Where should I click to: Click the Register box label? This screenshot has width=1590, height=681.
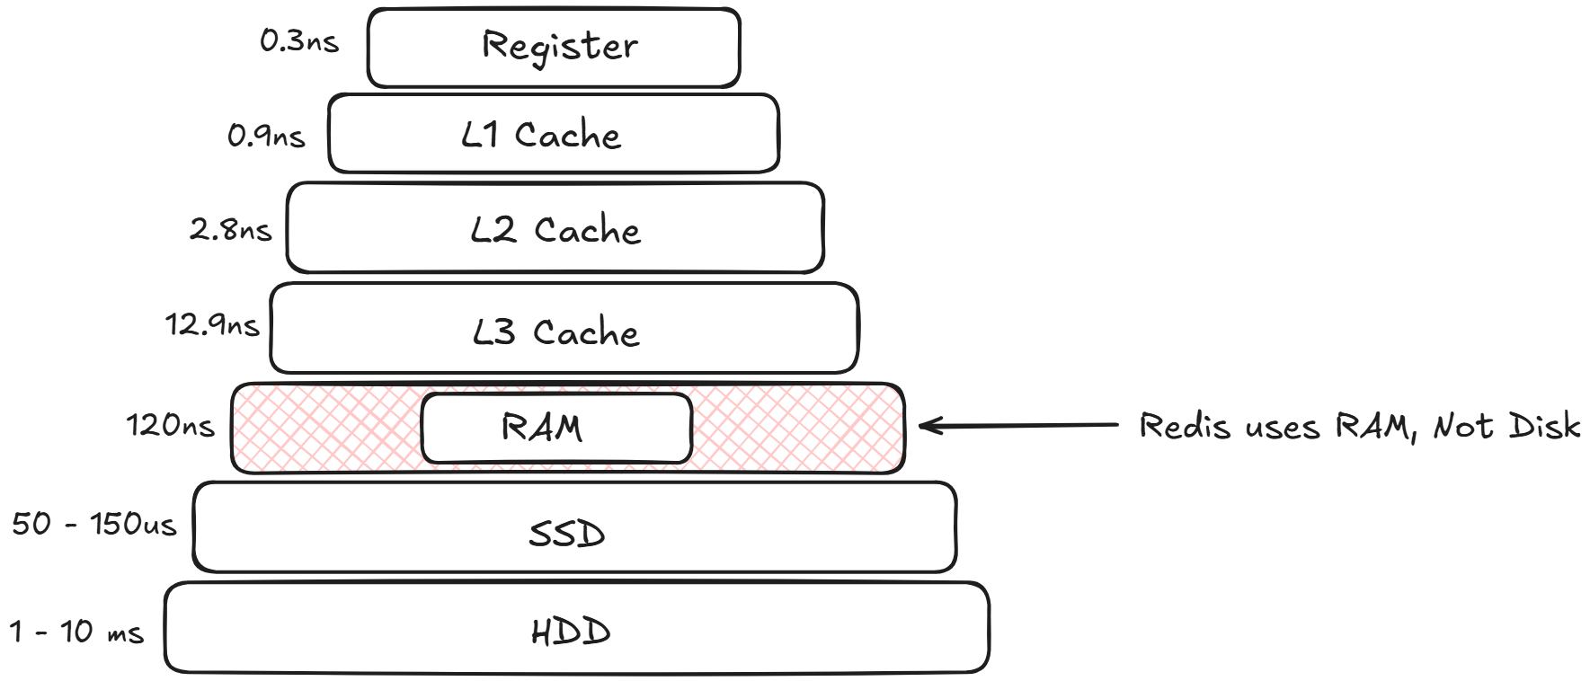pyautogui.click(x=559, y=46)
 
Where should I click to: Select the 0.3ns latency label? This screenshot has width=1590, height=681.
pyautogui.click(x=299, y=41)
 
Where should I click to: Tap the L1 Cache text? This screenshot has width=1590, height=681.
pyautogui.click(x=541, y=136)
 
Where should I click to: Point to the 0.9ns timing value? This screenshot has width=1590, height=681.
pyautogui.click(x=266, y=137)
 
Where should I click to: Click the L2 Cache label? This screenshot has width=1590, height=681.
pyautogui.click(x=555, y=231)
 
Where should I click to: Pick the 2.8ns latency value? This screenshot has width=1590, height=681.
pyautogui.click(x=230, y=231)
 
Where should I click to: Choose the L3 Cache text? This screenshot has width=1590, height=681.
pyautogui.click(x=555, y=332)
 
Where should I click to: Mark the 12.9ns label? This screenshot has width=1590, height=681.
pyautogui.click(x=212, y=324)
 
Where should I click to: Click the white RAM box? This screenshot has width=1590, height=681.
pyautogui.click(x=555, y=428)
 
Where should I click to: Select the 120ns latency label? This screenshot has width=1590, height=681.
pyautogui.click(x=170, y=425)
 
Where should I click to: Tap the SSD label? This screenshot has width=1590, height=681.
pyautogui.click(x=566, y=535)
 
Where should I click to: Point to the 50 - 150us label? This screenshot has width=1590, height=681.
pyautogui.click(x=93, y=524)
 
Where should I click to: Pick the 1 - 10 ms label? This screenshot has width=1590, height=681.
pyautogui.click(x=76, y=632)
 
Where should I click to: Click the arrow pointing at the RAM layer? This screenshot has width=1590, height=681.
pyautogui.click(x=1016, y=425)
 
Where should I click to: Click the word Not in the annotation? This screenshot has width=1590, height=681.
pyautogui.click(x=1461, y=425)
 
